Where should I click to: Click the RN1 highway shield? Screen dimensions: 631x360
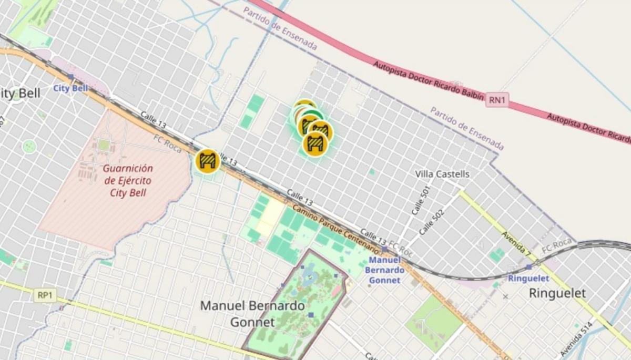(x=497, y=99)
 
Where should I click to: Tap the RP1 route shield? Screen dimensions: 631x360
(x=45, y=295)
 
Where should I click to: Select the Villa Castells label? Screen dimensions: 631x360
(x=442, y=174)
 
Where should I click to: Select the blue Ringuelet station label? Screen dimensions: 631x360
(x=528, y=279)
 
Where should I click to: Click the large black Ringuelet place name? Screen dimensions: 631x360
(x=557, y=293)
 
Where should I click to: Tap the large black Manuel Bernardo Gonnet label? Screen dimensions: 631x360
(x=252, y=314)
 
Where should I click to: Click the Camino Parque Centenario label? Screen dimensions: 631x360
(x=335, y=227)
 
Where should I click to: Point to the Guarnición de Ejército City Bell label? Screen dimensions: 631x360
(x=128, y=180)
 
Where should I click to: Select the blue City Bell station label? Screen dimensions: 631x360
(x=70, y=88)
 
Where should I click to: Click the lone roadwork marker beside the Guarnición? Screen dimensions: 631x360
(x=207, y=161)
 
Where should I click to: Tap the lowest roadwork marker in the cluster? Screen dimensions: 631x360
(x=315, y=144)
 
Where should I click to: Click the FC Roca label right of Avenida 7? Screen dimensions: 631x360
(x=556, y=245)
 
